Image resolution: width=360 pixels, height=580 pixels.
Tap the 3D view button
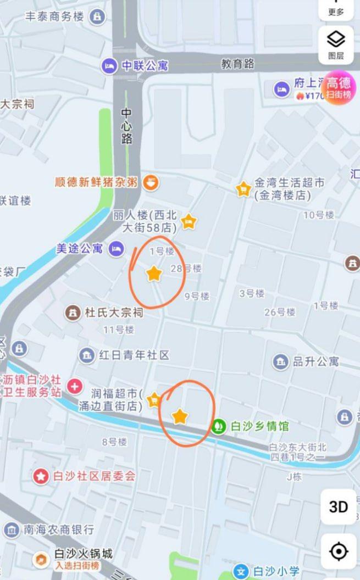click(x=339, y=507)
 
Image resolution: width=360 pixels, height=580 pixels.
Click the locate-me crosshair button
click(x=339, y=551)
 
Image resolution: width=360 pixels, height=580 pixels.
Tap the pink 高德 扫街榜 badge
click(x=339, y=88)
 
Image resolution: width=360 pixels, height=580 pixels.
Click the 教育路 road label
click(x=238, y=64)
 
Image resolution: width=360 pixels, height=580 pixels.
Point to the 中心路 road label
click(x=127, y=126)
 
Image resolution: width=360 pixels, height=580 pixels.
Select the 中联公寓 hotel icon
click(x=109, y=66)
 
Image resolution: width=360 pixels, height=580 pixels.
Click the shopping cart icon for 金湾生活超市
click(x=243, y=189)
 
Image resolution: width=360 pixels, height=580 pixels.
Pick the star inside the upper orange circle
click(x=154, y=273)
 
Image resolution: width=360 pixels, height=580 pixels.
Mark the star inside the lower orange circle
click(x=180, y=416)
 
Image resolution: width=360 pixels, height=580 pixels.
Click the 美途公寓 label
click(x=80, y=248)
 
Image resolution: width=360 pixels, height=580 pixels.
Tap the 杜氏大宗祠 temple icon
click(x=72, y=313)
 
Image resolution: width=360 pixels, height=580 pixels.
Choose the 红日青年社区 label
click(x=134, y=355)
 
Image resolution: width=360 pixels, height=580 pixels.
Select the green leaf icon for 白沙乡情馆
click(x=219, y=426)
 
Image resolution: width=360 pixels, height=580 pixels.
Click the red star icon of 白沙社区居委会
click(x=41, y=476)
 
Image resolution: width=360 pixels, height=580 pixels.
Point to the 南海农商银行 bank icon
click(x=12, y=529)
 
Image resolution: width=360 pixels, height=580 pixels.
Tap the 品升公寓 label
click(x=315, y=361)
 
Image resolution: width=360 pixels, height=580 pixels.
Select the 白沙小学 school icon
click(x=240, y=571)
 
